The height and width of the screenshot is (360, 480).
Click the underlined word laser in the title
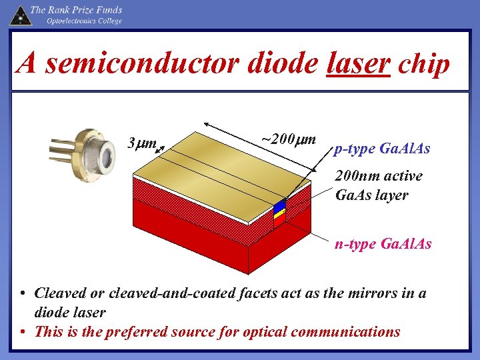[x=358, y=64]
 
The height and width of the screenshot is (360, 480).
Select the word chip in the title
[x=424, y=64]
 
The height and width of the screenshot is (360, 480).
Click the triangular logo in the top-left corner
[x=19, y=15]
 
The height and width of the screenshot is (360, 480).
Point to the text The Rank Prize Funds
[x=76, y=10]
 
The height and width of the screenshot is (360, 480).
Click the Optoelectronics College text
[x=84, y=21]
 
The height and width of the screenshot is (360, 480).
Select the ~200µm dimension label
[x=287, y=139]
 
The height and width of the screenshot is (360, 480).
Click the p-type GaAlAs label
[x=382, y=149]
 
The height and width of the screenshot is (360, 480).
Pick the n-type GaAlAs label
[x=383, y=244]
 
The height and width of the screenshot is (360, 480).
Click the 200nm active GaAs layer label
[x=378, y=185]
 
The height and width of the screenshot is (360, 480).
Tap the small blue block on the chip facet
[x=279, y=207]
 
